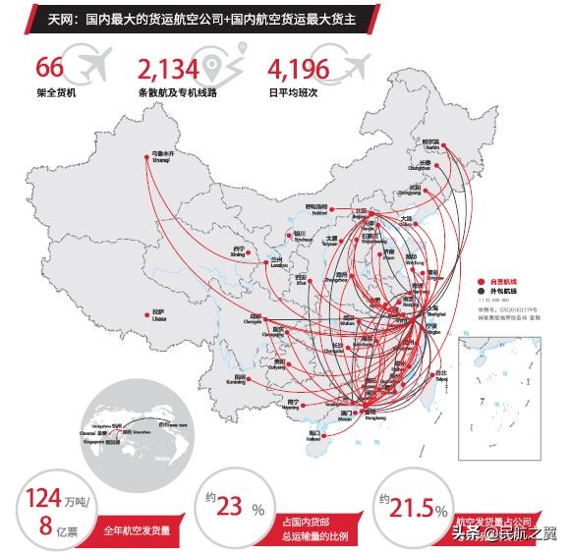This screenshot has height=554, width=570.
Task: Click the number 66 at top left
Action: coord(49,68)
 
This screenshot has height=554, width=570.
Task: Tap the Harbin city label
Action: coord(424,143)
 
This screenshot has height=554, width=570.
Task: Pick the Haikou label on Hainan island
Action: coord(313,433)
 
